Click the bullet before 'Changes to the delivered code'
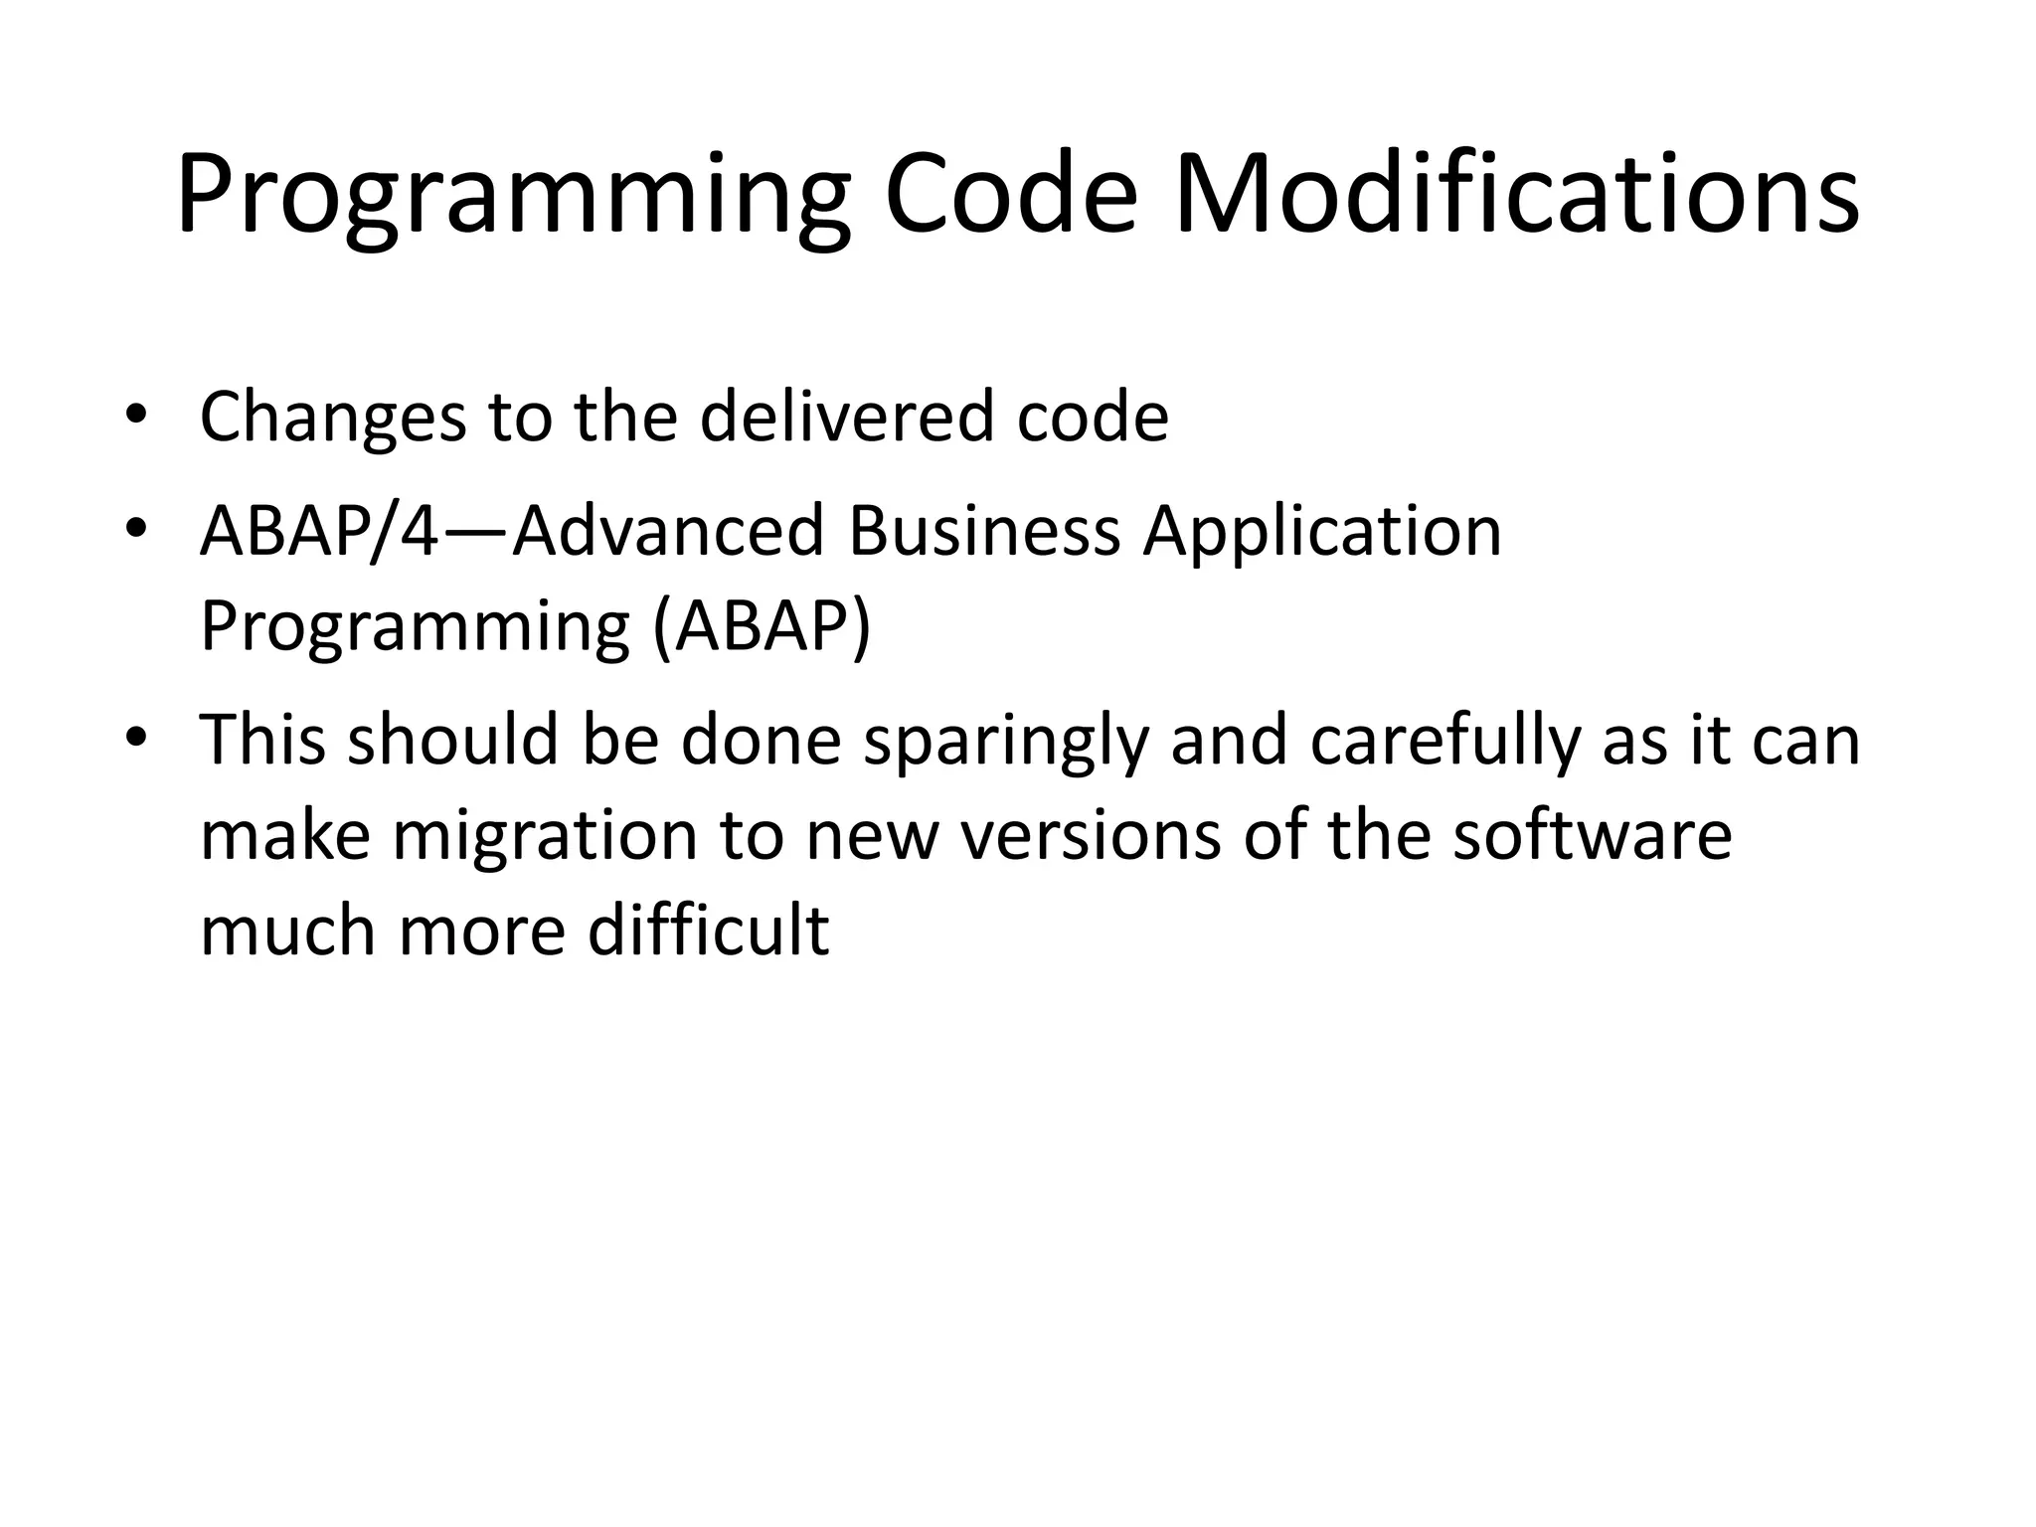click(136, 417)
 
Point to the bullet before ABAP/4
click(136, 530)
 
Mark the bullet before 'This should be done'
click(136, 740)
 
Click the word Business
click(984, 530)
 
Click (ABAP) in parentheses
click(762, 627)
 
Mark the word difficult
click(708, 931)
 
